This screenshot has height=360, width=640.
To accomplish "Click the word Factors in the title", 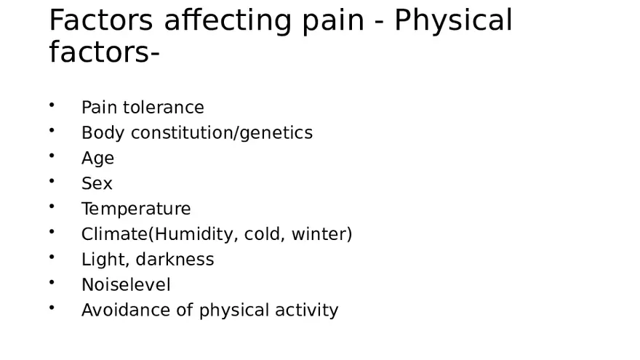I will click(101, 21).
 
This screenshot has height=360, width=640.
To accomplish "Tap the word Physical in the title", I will click(453, 21).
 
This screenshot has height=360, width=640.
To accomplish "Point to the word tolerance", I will click(164, 108).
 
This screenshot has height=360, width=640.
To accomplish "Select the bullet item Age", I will click(97, 159).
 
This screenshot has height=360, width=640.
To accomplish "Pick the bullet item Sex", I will click(97, 184).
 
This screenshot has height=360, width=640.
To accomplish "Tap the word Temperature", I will click(136, 209).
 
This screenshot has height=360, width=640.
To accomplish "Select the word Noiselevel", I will click(126, 285).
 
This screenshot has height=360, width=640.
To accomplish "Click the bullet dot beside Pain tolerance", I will click(52, 105).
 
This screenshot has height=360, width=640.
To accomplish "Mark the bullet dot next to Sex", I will click(52, 181).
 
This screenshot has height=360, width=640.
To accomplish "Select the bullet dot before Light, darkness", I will click(52, 257).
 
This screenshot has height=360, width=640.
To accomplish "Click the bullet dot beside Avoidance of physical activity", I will click(52, 308).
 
